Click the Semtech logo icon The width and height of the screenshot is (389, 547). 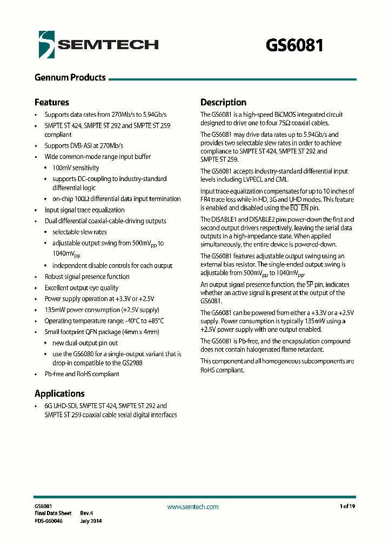pos(47,44)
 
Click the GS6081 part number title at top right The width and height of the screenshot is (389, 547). pos(294,45)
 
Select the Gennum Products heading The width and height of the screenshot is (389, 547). pos(70,78)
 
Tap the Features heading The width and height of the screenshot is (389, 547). pos(52,102)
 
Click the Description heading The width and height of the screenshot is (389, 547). pos(223,102)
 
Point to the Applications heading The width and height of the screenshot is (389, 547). pos(59,393)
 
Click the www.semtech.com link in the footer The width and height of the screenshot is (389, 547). pos(193,506)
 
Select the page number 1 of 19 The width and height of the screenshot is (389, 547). pos(347,506)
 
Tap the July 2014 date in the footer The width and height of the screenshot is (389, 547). pos(91,521)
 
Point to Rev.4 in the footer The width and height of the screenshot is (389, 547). pos(87,513)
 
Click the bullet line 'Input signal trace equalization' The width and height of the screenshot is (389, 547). pos(84,210)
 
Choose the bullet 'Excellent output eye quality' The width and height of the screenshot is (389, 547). pos(81,288)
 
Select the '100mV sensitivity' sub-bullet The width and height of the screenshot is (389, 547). pos(76,168)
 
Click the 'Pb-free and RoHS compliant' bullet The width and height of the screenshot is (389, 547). pos(82,374)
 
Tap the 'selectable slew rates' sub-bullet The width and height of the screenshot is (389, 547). pos(79,232)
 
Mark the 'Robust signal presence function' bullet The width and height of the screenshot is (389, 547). pos(87,277)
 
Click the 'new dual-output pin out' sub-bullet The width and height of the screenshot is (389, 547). pos(85,343)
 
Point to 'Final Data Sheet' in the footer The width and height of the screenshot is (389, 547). pos(53,513)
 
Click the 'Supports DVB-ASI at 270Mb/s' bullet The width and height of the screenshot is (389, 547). pos(84,146)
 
